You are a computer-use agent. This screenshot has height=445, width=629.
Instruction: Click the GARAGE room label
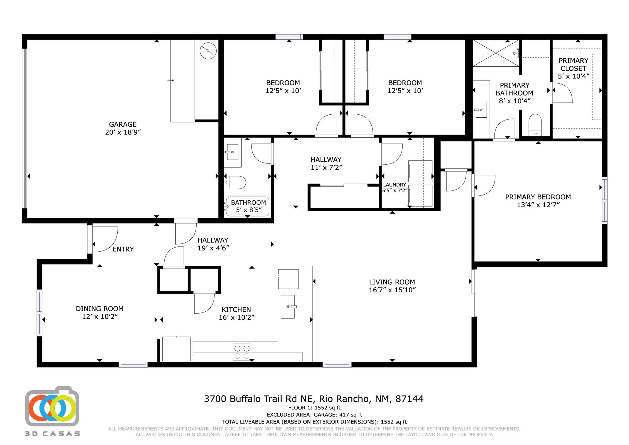tap(123, 124)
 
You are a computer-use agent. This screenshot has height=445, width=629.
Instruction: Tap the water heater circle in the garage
tap(208, 51)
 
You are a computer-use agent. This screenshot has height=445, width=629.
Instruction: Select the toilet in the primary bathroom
tap(535, 125)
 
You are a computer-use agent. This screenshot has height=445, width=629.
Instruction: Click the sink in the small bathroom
tap(232, 152)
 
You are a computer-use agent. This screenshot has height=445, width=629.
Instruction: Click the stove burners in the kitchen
tap(242, 352)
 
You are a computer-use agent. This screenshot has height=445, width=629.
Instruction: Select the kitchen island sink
tap(288, 307)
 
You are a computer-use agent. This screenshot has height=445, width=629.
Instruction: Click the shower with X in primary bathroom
tap(495, 53)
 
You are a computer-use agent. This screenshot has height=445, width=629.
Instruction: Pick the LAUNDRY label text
tap(395, 185)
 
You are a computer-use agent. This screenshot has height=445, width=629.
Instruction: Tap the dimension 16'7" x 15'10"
tap(392, 290)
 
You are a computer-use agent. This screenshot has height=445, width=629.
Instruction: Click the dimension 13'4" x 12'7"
tap(538, 205)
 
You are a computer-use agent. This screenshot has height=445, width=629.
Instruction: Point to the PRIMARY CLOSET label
tap(573, 65)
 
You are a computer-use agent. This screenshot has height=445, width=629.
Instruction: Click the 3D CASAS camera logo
tap(52, 407)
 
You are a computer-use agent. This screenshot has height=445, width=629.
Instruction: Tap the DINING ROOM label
tap(100, 309)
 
